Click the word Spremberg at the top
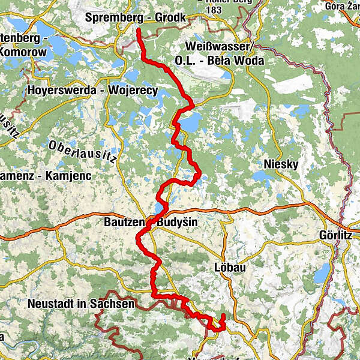click(110, 18)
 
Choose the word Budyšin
click(177, 223)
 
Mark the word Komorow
click(23, 52)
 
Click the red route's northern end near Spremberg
click(139, 30)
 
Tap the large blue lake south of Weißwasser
click(191, 124)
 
